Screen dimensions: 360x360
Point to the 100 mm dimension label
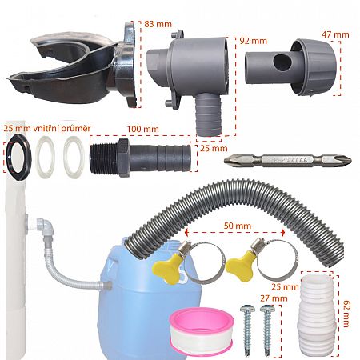coord(142,128)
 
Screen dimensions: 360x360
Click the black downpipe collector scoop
coord(68,64)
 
